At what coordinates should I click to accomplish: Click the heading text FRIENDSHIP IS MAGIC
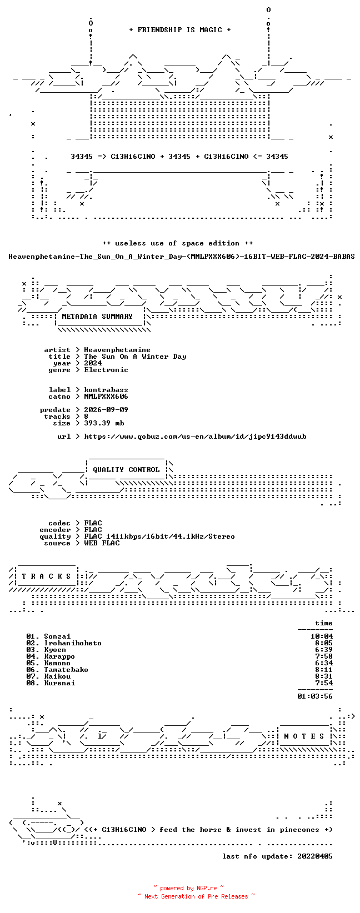[x=180, y=30]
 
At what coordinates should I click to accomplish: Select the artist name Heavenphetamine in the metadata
[x=117, y=350]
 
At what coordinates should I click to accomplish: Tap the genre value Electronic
[x=106, y=370]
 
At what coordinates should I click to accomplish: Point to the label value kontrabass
[x=106, y=390]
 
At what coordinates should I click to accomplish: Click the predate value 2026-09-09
[x=106, y=410]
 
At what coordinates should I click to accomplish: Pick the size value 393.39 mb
[x=104, y=423]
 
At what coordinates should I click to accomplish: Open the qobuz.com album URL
[x=196, y=437]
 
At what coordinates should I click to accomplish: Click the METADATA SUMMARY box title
[x=97, y=317]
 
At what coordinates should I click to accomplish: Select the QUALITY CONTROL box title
[x=126, y=469]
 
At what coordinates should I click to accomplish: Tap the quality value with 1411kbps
[x=159, y=536]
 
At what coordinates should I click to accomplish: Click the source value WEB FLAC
[x=102, y=543]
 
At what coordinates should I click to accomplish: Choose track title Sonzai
[x=57, y=636]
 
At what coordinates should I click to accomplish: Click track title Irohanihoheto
[x=73, y=643]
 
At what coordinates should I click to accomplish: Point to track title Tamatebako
[x=66, y=670]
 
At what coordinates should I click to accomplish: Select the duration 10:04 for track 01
[x=322, y=636]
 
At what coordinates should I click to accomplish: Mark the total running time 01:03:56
[x=315, y=696]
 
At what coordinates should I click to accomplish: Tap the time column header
[x=324, y=623]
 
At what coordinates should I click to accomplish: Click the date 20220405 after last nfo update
[x=315, y=856]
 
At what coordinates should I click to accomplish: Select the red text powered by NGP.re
[x=188, y=888]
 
